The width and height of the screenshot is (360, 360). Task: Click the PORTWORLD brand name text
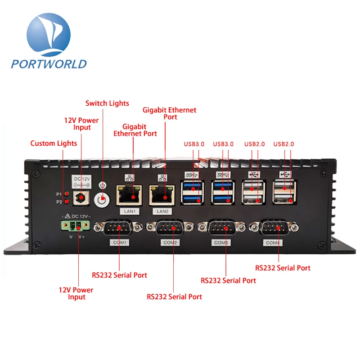tap(49, 63)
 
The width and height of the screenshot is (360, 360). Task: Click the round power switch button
tap(103, 197)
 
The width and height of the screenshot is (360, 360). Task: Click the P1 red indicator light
tap(66, 193)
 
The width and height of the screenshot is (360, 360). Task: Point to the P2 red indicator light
tap(66, 202)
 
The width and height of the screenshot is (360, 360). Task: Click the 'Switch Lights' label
tap(107, 103)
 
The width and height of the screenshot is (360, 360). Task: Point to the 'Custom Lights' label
tap(54, 144)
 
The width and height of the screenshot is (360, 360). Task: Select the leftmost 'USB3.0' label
tap(194, 144)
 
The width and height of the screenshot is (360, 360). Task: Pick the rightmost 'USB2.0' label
tap(284, 144)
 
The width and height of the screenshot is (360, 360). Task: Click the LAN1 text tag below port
tap(128, 211)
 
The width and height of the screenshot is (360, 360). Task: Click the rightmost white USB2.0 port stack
tap(284, 192)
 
